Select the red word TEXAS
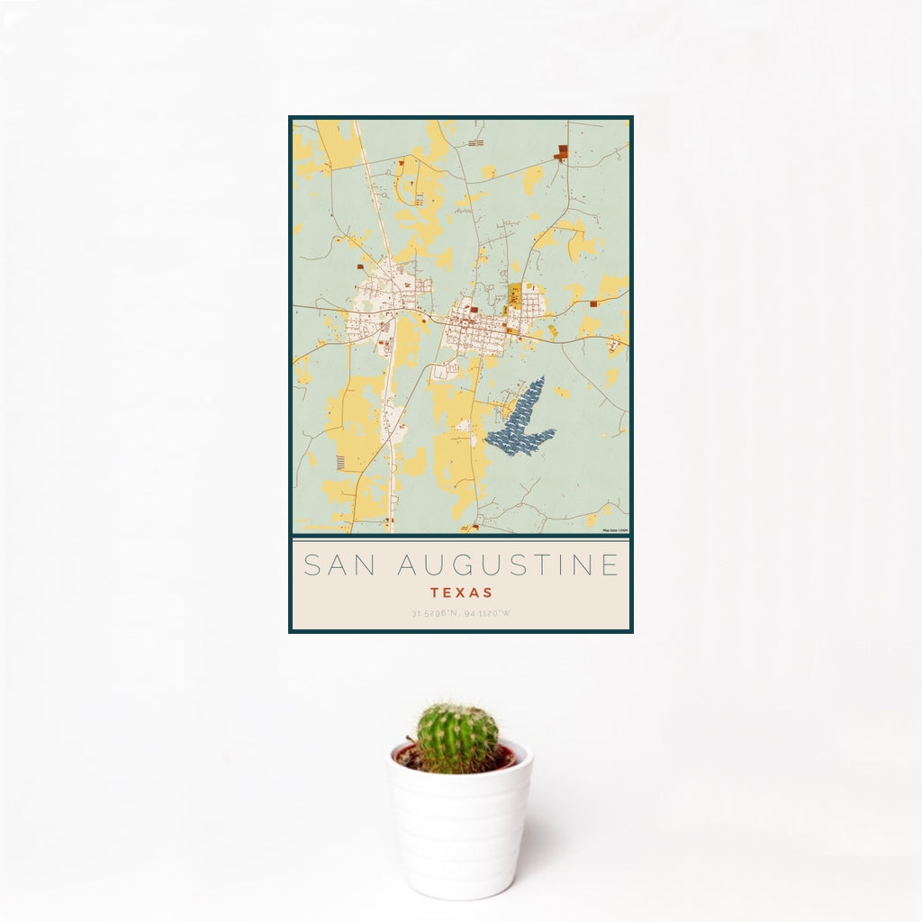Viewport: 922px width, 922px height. (x=461, y=593)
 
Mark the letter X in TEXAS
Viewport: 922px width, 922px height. (x=461, y=593)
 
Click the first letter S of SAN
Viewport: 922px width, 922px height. (x=312, y=565)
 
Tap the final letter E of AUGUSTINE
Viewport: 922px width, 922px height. (x=610, y=565)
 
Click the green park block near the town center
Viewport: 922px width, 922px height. (x=515, y=294)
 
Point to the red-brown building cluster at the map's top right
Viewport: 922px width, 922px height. (x=562, y=152)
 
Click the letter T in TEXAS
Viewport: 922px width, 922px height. (x=434, y=593)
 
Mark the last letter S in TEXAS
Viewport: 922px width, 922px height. (x=488, y=593)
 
